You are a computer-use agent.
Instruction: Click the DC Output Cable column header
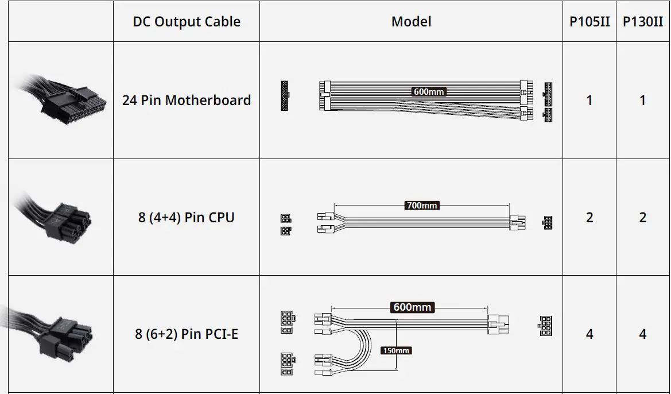[187, 22]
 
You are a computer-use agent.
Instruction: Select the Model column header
[411, 22]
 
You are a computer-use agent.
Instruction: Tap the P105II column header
[589, 22]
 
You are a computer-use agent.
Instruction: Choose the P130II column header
[642, 22]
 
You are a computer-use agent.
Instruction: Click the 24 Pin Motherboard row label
[187, 101]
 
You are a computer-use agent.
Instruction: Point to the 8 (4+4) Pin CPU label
[187, 218]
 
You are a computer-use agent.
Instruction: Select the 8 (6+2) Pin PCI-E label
[187, 334]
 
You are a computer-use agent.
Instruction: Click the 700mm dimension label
[422, 205]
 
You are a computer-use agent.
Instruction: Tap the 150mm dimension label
[396, 350]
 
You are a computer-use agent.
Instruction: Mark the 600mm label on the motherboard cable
[429, 91]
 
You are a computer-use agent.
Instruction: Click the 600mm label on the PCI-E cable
[412, 307]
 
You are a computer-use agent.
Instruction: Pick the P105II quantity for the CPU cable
[589, 218]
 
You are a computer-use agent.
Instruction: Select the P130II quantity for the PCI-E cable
[642, 334]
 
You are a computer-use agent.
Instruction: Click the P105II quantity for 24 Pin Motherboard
[589, 101]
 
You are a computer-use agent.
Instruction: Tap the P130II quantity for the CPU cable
[642, 218]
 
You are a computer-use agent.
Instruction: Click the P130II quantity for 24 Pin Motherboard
[642, 101]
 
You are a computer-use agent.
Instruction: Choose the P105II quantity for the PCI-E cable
[589, 334]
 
